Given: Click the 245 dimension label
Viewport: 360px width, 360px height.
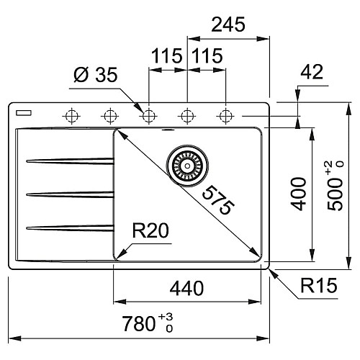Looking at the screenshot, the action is click(228, 24).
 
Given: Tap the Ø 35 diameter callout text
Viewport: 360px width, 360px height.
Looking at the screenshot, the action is click(96, 75).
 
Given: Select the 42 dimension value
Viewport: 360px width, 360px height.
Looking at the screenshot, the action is click(312, 71).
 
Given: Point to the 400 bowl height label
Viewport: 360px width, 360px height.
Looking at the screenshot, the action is click(298, 194).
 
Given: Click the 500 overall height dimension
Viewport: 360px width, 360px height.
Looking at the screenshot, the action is click(336, 186).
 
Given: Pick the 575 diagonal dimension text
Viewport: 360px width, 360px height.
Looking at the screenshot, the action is click(218, 199).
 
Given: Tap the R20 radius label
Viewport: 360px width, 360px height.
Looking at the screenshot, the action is click(150, 230).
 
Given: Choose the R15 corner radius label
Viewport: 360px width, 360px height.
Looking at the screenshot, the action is click(319, 285).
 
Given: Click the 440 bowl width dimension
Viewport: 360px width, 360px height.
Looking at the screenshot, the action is click(186, 288).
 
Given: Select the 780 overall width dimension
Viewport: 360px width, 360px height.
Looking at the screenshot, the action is click(148, 323).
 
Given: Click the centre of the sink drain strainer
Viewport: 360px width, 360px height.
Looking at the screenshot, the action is click(187, 166).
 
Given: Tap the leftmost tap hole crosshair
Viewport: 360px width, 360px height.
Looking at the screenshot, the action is click(71, 116).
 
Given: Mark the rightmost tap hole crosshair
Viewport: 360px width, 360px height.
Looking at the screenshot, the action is click(225, 116).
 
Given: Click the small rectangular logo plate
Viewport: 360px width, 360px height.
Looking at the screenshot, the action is click(24, 113).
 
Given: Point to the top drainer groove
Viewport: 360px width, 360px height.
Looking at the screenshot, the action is click(70, 161).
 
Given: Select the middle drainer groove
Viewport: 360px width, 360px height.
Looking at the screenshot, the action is click(70, 194).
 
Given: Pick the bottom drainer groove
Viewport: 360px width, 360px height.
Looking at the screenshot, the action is click(70, 228).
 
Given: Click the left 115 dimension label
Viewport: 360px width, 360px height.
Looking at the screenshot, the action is click(166, 56).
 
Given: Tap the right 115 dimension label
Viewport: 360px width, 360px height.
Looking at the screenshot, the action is click(207, 56).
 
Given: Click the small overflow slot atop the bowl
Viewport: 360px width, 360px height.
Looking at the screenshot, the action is click(168, 130).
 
